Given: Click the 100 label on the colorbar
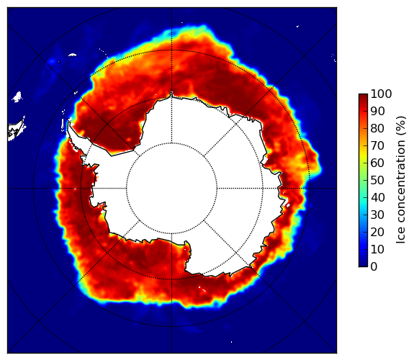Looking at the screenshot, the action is click(x=381, y=94).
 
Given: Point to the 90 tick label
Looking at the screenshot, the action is click(x=377, y=111).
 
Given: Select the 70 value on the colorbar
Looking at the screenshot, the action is click(x=377, y=145).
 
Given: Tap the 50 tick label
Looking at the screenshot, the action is click(x=377, y=181).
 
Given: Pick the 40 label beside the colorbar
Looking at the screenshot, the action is click(x=377, y=197).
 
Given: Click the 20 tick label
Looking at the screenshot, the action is click(x=377, y=232).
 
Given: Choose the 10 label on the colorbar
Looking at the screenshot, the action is click(x=377, y=249).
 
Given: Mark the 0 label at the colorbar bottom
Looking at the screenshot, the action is click(x=374, y=267).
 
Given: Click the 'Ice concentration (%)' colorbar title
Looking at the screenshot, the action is click(x=401, y=180).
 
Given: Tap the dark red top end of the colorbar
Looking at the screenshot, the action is click(x=363, y=96).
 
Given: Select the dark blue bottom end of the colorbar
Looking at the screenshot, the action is click(x=363, y=265).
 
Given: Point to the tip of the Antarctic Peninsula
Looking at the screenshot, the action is click(x=69, y=122).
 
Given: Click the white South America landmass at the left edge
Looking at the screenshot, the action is click(x=15, y=130).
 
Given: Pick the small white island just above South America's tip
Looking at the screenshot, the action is click(x=17, y=96).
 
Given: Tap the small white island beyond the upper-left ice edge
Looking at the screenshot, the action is click(x=72, y=55).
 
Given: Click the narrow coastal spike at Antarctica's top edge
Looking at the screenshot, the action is click(x=171, y=94).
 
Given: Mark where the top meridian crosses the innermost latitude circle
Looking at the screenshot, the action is click(x=171, y=143).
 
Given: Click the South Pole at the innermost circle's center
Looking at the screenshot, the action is click(x=171, y=189).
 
